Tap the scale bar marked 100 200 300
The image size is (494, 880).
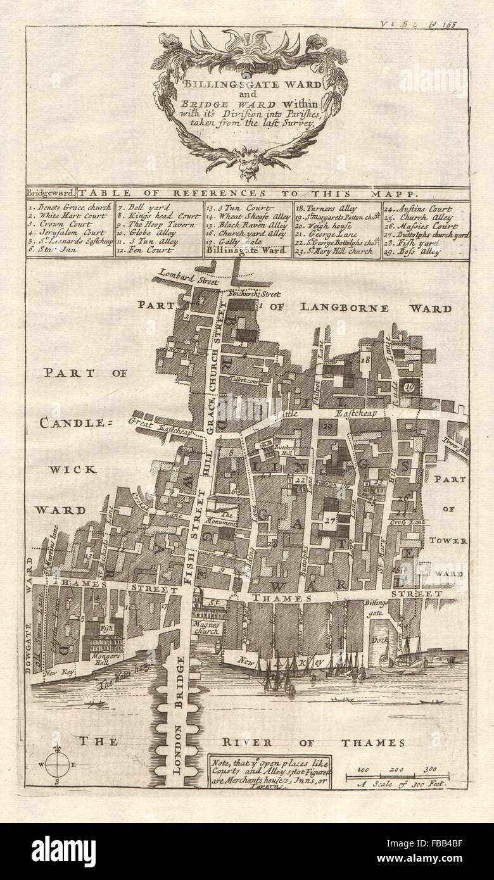(396, 776)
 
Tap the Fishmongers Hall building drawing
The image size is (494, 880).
(104, 645)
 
